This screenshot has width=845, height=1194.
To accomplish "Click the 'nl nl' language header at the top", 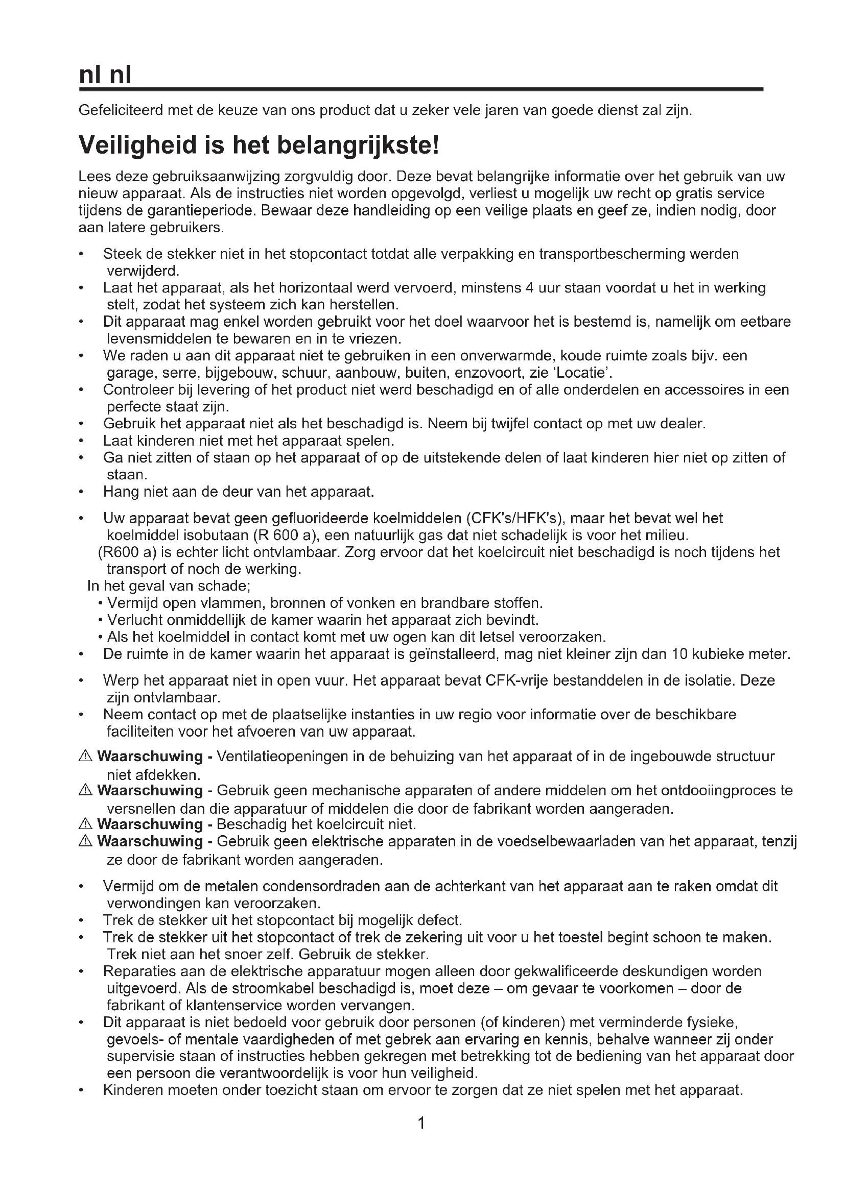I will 105,76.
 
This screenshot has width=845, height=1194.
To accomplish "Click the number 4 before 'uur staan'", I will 530,287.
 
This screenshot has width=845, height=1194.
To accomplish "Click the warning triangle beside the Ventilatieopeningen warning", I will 85,756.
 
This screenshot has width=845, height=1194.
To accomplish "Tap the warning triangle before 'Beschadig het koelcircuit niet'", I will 85,824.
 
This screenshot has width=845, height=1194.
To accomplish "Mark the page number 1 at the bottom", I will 422,1124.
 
